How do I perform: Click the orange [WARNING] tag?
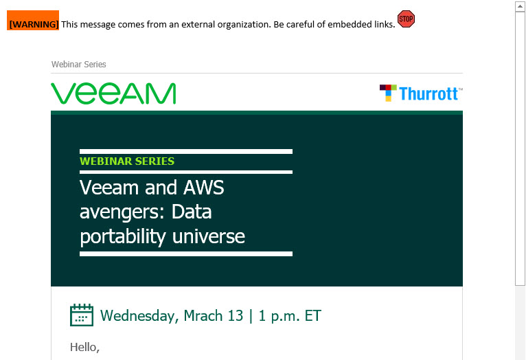click(x=33, y=21)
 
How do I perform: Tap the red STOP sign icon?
click(x=406, y=19)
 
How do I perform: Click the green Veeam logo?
click(x=113, y=93)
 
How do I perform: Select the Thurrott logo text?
click(x=428, y=93)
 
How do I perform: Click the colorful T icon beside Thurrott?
click(x=388, y=93)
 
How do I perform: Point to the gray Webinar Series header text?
click(x=79, y=65)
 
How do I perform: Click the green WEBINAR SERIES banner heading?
click(x=127, y=161)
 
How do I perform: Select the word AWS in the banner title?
click(x=204, y=187)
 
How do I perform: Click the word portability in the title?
click(x=123, y=237)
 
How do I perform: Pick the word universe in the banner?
click(x=209, y=236)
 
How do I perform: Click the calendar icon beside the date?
click(x=82, y=315)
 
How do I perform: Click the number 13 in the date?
click(x=235, y=316)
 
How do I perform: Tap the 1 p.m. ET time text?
click(x=290, y=317)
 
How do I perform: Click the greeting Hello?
click(x=85, y=347)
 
